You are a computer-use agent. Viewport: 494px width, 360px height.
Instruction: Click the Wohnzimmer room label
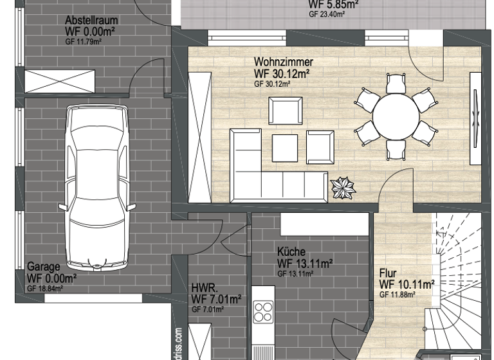coord(284,62)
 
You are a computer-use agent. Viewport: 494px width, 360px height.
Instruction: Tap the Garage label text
coord(43,267)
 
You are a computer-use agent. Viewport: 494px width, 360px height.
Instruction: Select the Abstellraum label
coord(91,20)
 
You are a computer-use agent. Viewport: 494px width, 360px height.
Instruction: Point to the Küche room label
coord(291,252)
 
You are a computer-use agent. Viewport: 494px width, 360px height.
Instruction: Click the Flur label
coord(388,273)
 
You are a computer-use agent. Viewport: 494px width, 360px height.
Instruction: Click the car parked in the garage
coord(98,186)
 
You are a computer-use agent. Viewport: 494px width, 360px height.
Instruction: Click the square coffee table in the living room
coord(285,148)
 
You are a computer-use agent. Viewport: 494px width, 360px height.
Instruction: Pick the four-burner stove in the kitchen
coord(262,312)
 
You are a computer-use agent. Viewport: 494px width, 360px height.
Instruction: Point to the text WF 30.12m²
coord(282,74)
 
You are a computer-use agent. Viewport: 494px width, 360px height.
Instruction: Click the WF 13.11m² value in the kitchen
coord(304,264)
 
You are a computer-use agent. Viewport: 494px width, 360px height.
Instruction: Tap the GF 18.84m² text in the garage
coord(45,289)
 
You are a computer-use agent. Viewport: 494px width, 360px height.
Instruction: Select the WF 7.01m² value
coord(216,299)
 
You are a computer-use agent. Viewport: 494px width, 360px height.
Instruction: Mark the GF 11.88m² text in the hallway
coord(397,294)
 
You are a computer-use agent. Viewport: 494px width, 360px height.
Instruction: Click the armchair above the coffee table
coord(286,110)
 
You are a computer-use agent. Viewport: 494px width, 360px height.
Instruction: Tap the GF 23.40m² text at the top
coord(327,14)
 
